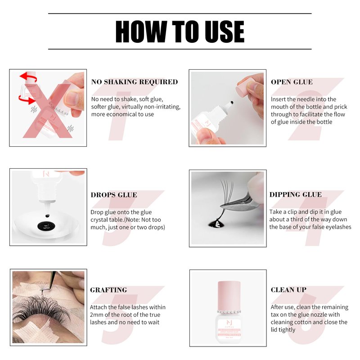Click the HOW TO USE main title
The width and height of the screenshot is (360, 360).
180,31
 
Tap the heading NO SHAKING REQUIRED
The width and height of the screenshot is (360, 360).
135,82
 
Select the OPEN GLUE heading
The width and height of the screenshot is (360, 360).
292,82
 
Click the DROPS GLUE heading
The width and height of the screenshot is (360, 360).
114,195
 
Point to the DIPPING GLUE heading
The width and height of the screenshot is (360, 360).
296,194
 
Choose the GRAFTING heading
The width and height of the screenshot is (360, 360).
108,290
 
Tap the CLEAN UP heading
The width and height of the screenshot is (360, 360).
288,290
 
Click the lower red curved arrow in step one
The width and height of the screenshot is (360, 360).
27,100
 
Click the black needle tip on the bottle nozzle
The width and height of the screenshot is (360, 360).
232,103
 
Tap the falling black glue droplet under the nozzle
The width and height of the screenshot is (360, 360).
47,216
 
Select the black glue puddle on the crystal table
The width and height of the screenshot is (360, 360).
46,226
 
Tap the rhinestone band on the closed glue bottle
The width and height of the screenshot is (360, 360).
229,312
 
